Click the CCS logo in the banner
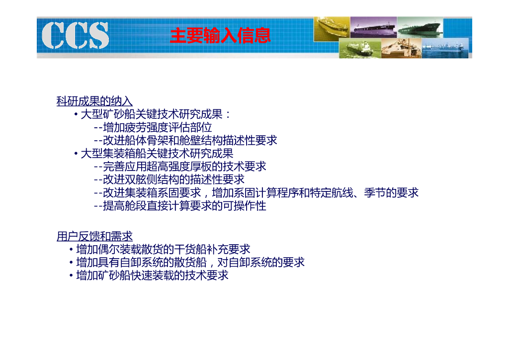[76, 35]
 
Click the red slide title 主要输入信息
[220, 35]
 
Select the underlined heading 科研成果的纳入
[94, 101]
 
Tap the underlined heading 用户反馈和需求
[94, 236]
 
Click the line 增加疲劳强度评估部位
[153, 127]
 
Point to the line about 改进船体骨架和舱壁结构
[185, 140]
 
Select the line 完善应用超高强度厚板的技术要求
[180, 166]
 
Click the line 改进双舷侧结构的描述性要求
[169, 179]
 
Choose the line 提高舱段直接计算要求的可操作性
[180, 205]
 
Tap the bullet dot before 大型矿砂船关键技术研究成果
[76, 114]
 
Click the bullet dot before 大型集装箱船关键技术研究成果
[76, 154]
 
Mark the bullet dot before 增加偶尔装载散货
[71, 249]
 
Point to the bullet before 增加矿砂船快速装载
[71, 275]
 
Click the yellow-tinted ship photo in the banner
[332, 29]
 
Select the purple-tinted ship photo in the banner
[373, 27]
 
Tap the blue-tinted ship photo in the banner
[445, 48]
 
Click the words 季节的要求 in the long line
[391, 192]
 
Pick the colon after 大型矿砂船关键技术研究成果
[228, 114]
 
